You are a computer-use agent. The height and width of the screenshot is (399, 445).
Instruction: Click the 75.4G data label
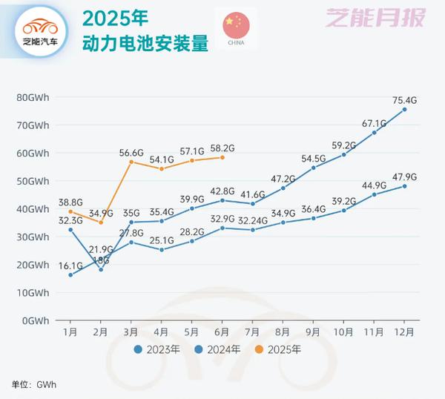pos(404,99)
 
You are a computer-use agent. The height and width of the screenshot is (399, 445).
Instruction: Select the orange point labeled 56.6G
pos(131,162)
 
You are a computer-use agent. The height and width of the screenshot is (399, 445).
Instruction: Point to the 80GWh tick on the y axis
pos(33,97)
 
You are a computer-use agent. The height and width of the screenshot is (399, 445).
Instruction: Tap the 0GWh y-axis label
pos(35,320)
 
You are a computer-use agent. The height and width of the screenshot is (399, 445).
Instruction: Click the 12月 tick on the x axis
pos(404,331)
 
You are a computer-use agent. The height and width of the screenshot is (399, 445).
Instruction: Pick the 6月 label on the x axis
pos(222,331)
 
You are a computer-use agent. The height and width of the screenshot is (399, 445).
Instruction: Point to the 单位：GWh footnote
pos(34,384)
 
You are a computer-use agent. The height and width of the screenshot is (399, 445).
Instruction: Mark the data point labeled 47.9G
pos(404,186)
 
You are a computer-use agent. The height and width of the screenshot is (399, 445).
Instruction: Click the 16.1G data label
pos(68,264)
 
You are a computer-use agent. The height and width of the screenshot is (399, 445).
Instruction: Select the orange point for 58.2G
pos(222,157)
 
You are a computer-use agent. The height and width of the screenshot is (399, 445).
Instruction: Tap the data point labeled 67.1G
pos(374,132)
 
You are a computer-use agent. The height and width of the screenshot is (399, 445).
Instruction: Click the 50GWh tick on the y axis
pos(33,181)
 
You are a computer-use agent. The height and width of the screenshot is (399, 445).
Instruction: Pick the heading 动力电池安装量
pos(145,44)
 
